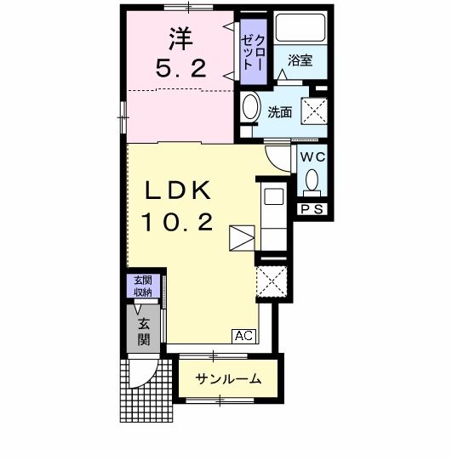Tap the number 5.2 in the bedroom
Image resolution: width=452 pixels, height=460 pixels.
[x=180, y=71]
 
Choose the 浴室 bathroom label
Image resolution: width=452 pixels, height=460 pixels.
[x=300, y=61]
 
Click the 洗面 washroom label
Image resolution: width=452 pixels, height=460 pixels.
[x=280, y=112]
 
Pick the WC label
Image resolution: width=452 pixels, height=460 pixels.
[x=312, y=157]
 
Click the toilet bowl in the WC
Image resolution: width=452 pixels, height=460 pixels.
[x=312, y=180]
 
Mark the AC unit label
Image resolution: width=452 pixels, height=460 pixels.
[x=243, y=336]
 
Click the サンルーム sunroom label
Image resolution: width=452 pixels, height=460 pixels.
[x=227, y=379]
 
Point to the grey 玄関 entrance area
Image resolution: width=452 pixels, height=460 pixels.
[x=141, y=328]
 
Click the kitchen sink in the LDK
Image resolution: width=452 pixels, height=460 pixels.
[x=274, y=196]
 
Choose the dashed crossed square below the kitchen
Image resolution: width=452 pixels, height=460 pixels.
[x=273, y=281]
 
